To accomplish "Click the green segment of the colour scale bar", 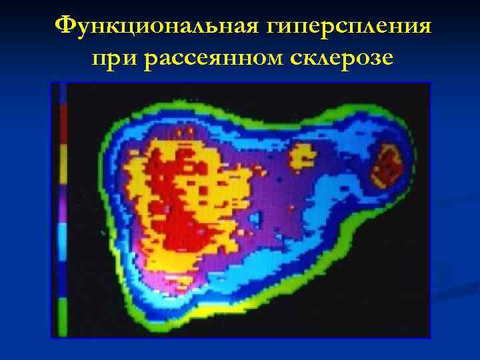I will coord(63,317).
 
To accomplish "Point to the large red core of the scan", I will coord(177,200).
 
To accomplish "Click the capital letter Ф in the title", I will coord(65,27).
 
